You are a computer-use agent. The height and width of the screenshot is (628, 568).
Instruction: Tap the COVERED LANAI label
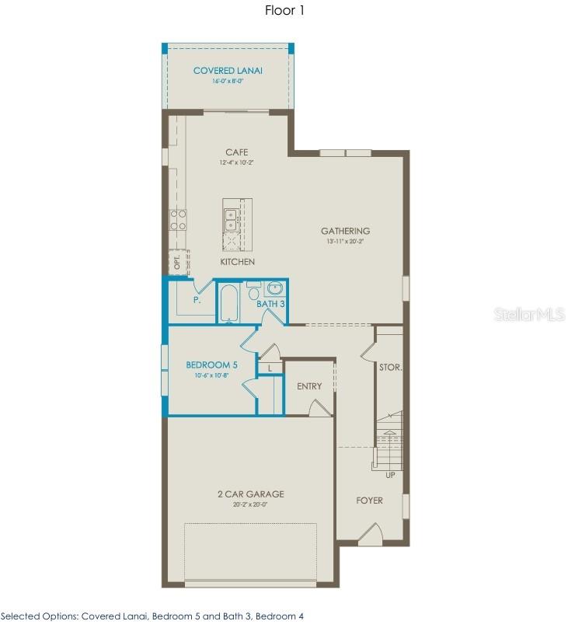[x=228, y=71]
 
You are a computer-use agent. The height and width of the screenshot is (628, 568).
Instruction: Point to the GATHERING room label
[x=345, y=231]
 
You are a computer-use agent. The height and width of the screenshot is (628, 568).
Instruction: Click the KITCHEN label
[x=237, y=262]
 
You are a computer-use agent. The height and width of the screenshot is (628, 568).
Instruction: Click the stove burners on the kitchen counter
[x=178, y=218]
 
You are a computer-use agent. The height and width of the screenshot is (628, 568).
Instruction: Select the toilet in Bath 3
[x=253, y=293]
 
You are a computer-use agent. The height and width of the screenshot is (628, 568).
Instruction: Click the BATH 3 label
[x=271, y=304]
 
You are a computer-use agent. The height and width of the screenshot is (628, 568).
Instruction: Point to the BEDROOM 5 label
[x=211, y=365]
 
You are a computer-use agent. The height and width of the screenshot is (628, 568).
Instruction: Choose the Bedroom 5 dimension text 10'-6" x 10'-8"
[x=211, y=375]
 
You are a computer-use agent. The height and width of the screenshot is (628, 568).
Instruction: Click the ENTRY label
[x=309, y=386]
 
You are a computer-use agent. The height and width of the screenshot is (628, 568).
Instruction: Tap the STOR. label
[x=390, y=367]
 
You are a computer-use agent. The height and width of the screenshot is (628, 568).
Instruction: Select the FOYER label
[x=369, y=501]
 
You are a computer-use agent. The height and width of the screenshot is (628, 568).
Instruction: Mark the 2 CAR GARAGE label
[x=249, y=494]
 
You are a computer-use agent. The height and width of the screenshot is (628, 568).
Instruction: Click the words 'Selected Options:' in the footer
[x=37, y=616]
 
